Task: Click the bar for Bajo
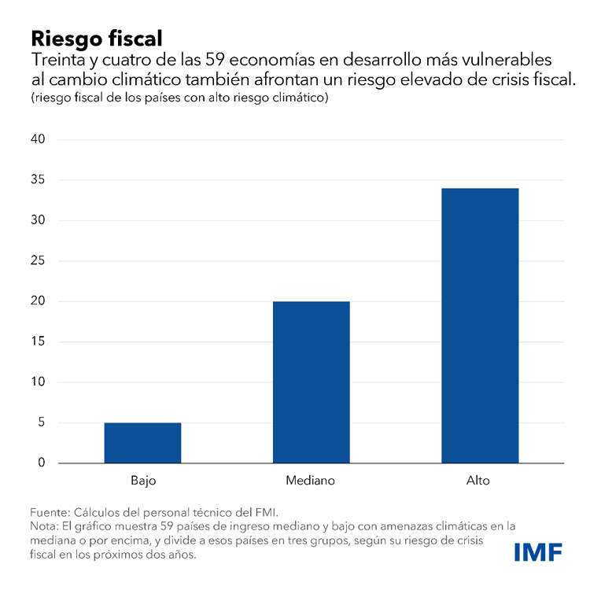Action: point(142,443)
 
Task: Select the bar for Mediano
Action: point(312,382)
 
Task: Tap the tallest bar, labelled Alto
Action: point(480,326)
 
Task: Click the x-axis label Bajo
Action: point(142,480)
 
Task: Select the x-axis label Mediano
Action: point(312,480)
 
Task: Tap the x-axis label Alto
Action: point(478,480)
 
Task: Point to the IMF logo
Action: point(538,552)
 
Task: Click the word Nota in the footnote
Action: point(45,525)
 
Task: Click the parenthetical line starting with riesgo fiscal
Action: point(179,98)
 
